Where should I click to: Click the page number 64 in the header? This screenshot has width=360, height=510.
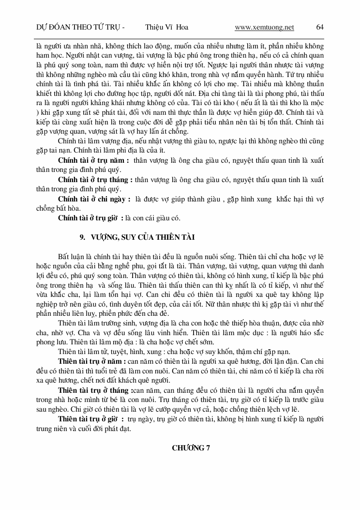(x=319, y=28)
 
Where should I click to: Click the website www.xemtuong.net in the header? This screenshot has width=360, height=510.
(x=264, y=28)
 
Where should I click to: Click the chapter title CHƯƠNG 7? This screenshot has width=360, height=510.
(x=191, y=448)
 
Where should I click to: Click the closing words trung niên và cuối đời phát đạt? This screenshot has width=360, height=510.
(x=83, y=429)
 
